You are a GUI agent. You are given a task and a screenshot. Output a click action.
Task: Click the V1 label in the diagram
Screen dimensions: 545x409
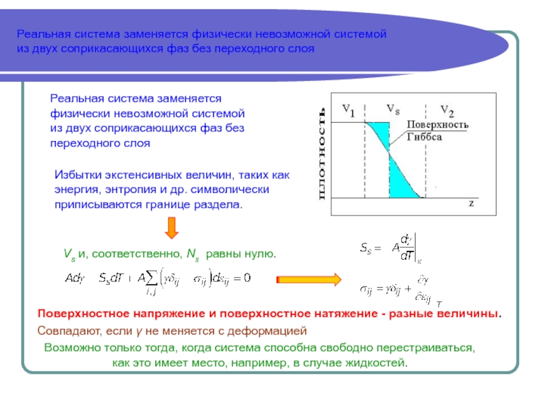348,109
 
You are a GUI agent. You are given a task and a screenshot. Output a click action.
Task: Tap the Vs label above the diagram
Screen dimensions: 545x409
393,108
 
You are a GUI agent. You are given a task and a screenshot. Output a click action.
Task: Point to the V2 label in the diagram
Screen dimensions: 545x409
447,110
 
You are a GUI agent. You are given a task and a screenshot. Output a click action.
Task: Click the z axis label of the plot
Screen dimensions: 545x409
471,203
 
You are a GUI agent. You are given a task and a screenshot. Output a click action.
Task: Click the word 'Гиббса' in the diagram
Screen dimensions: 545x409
425,136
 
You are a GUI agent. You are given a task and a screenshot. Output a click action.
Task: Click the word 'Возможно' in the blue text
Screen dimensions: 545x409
69,347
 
